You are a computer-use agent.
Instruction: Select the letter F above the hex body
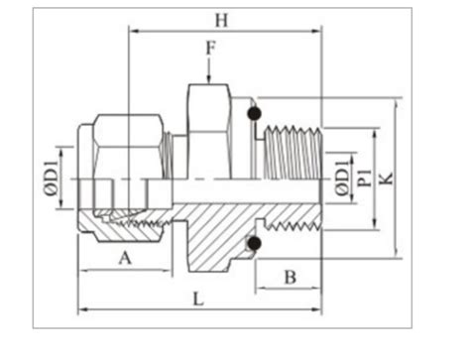click(x=208, y=47)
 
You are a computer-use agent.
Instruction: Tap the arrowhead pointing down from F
click(x=208, y=79)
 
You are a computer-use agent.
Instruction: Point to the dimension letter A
click(x=125, y=259)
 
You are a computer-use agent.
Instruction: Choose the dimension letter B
click(x=290, y=276)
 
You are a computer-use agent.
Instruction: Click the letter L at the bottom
click(x=200, y=299)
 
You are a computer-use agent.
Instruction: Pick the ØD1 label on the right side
click(x=342, y=178)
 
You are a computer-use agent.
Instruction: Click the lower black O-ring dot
click(x=255, y=243)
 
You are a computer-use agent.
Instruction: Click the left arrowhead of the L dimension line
click(x=82, y=308)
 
